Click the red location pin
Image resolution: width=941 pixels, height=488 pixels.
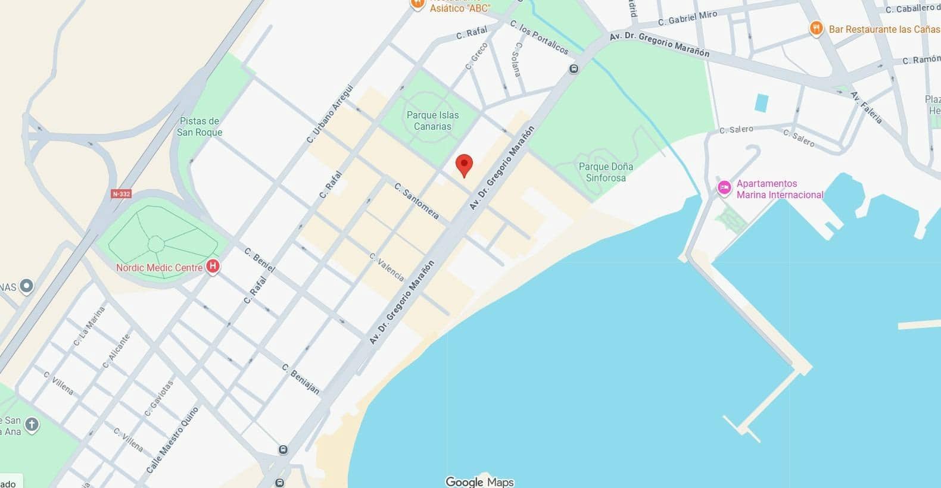[x=464, y=164]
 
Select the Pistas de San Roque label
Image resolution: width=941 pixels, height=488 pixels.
[x=200, y=127]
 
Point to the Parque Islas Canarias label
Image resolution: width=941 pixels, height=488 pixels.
[x=433, y=121]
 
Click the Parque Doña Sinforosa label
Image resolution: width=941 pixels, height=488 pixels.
[x=606, y=172]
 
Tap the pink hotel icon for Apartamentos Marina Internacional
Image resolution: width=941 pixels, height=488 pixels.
[x=724, y=187]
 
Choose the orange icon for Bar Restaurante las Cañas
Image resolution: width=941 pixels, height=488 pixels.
[x=816, y=29]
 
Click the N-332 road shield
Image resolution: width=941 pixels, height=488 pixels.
[x=121, y=194]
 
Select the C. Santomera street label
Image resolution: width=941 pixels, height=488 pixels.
[x=417, y=201]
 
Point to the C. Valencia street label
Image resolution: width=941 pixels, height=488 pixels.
[x=387, y=267]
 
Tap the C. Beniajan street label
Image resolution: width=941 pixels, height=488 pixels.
[x=301, y=379]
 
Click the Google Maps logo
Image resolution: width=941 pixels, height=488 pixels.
[x=479, y=481]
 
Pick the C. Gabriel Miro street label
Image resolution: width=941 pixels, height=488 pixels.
[x=687, y=18]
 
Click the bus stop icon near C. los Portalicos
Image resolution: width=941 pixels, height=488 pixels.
[x=574, y=68]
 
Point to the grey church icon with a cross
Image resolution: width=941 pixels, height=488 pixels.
[x=32, y=425]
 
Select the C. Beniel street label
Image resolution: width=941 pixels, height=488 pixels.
[x=260, y=260]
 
